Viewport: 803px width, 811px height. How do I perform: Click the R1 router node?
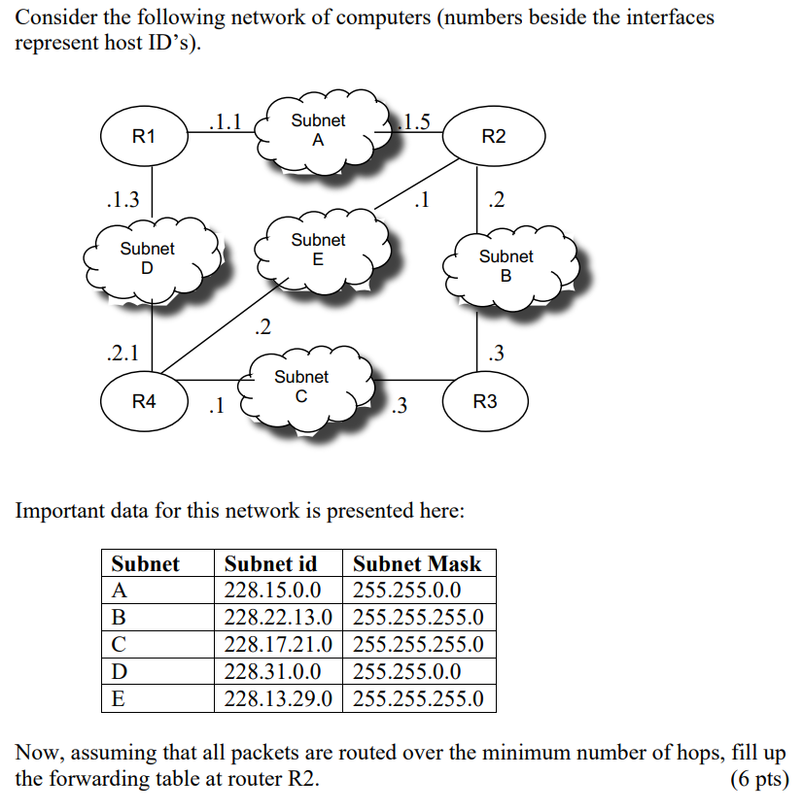click(x=143, y=137)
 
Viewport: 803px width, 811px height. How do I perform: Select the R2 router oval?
click(x=493, y=137)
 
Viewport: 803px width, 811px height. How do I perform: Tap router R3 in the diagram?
click(x=484, y=400)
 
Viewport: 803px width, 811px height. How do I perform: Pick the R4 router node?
click(x=143, y=400)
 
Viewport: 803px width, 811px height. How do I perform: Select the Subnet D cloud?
click(x=148, y=258)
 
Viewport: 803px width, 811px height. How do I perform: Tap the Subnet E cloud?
click(x=318, y=250)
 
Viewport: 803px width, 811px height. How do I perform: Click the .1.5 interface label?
click(x=417, y=121)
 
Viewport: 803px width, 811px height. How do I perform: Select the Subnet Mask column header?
click(x=417, y=564)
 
